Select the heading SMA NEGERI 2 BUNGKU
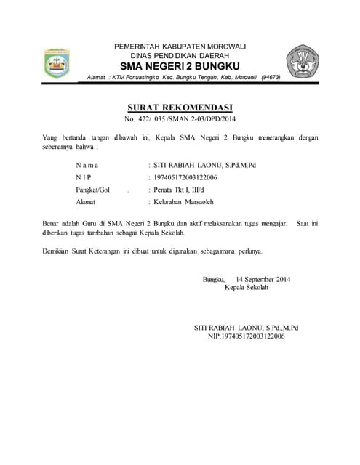click(180, 67)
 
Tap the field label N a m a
click(87, 165)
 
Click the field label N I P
click(84, 177)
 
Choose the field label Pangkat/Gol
click(92, 189)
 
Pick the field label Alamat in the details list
click(86, 201)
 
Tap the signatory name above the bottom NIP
click(247, 328)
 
